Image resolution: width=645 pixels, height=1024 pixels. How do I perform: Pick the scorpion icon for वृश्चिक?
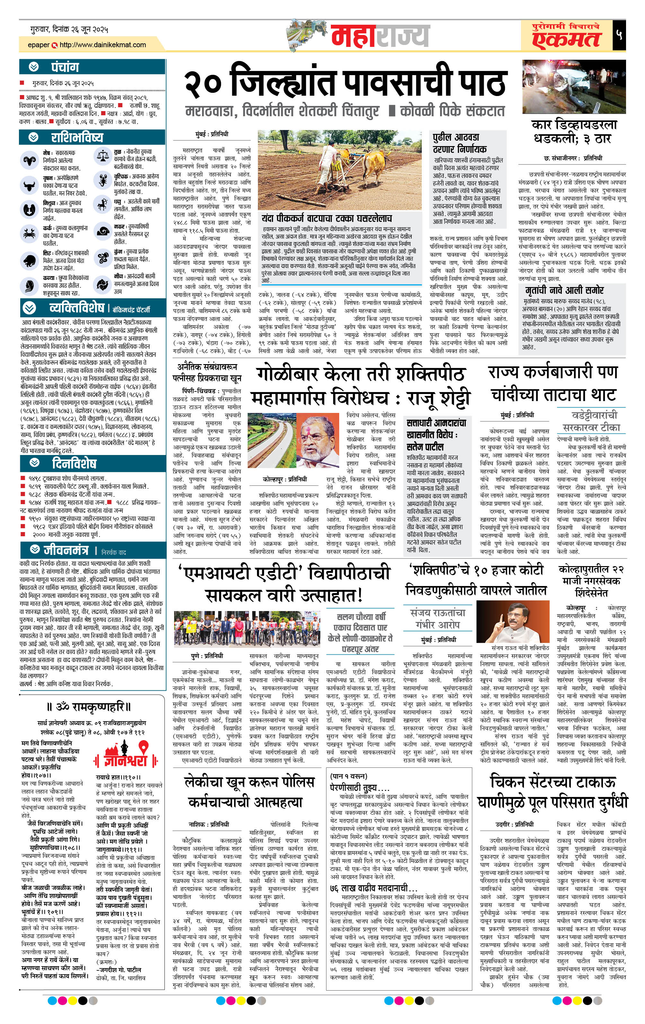click(102, 180)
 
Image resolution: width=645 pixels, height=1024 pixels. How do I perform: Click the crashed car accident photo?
click(573, 87)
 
